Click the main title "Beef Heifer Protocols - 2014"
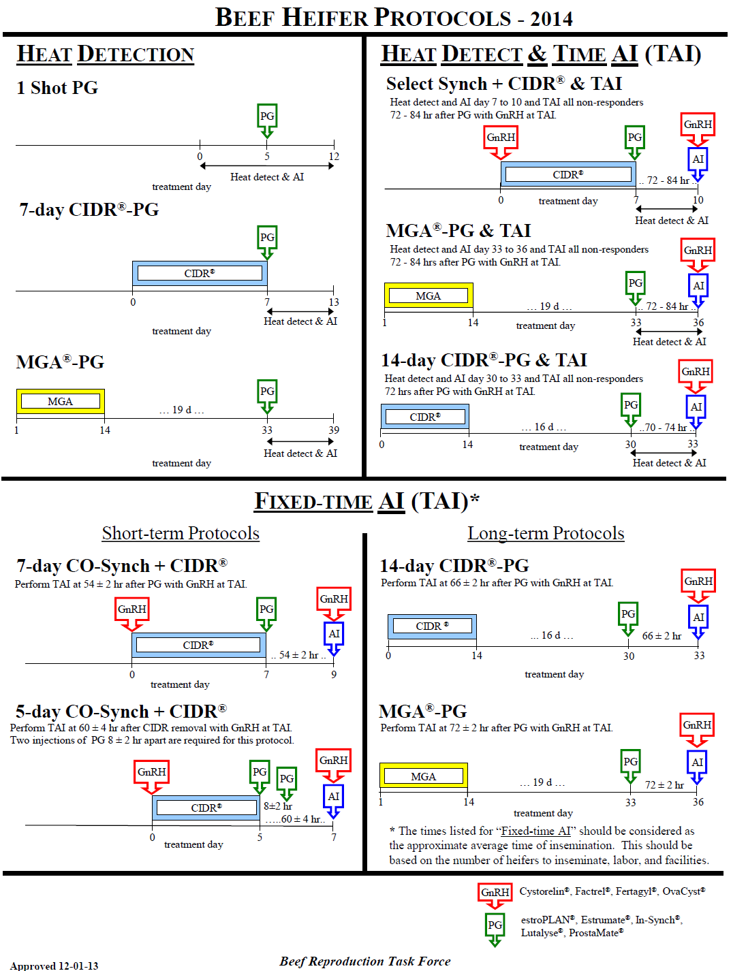coord(394,17)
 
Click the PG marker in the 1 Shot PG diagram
coord(267,116)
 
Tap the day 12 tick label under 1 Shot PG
coord(334,157)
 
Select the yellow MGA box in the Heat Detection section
coord(61,402)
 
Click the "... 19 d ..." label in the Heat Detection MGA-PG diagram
coord(182,410)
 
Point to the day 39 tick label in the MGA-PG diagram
coord(334,430)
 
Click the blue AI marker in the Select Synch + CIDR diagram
coord(698,159)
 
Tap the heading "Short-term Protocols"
coord(181,533)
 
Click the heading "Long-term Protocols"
coord(546,533)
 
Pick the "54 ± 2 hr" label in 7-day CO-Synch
coord(298,655)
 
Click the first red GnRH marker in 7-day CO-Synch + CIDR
coord(132,609)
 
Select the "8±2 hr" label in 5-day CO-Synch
coord(278,806)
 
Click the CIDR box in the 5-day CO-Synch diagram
coord(206,808)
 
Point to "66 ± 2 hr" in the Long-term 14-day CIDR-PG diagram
coord(662,636)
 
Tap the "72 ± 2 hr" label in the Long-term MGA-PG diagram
coord(664,785)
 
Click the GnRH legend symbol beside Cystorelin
coord(495,893)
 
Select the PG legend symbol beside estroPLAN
coord(495,925)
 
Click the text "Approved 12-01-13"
coord(54,966)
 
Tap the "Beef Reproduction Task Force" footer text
coord(365,961)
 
